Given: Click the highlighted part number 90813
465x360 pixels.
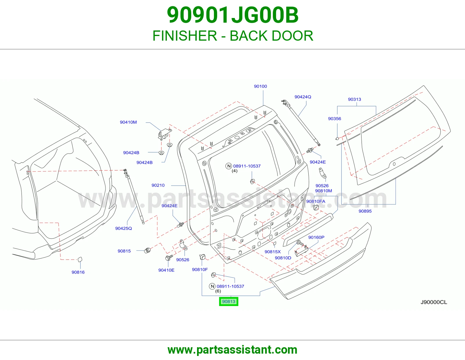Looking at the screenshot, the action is click(228, 301).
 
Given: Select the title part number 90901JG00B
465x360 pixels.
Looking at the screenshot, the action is click(233, 15).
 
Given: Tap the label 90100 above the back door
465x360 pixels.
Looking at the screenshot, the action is click(260, 86).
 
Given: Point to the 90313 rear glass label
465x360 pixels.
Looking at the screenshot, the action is click(354, 99).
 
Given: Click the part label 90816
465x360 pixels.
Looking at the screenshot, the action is click(78, 272).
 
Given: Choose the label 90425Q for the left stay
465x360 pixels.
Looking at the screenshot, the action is click(124, 228).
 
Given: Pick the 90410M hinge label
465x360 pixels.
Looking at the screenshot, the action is click(128, 122).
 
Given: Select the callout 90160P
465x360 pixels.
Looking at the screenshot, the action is click(316, 237).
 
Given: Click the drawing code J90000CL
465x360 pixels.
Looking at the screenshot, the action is click(434, 302).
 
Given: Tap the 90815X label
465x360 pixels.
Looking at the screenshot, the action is click(273, 252).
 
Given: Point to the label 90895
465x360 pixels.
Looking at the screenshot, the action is click(365, 211).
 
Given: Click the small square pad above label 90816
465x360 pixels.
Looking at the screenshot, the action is click(79, 259).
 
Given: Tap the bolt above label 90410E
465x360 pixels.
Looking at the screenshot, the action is click(169, 258).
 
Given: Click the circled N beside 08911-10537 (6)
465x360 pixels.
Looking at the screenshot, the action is click(212, 286).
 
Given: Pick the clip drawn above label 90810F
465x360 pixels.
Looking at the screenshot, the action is click(203, 257).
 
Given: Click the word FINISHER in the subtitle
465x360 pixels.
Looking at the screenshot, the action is click(185, 36).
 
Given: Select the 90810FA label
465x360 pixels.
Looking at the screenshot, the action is click(316, 201).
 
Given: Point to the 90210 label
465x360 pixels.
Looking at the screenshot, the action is click(158, 185).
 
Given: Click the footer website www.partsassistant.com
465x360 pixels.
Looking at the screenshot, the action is click(233, 350).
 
